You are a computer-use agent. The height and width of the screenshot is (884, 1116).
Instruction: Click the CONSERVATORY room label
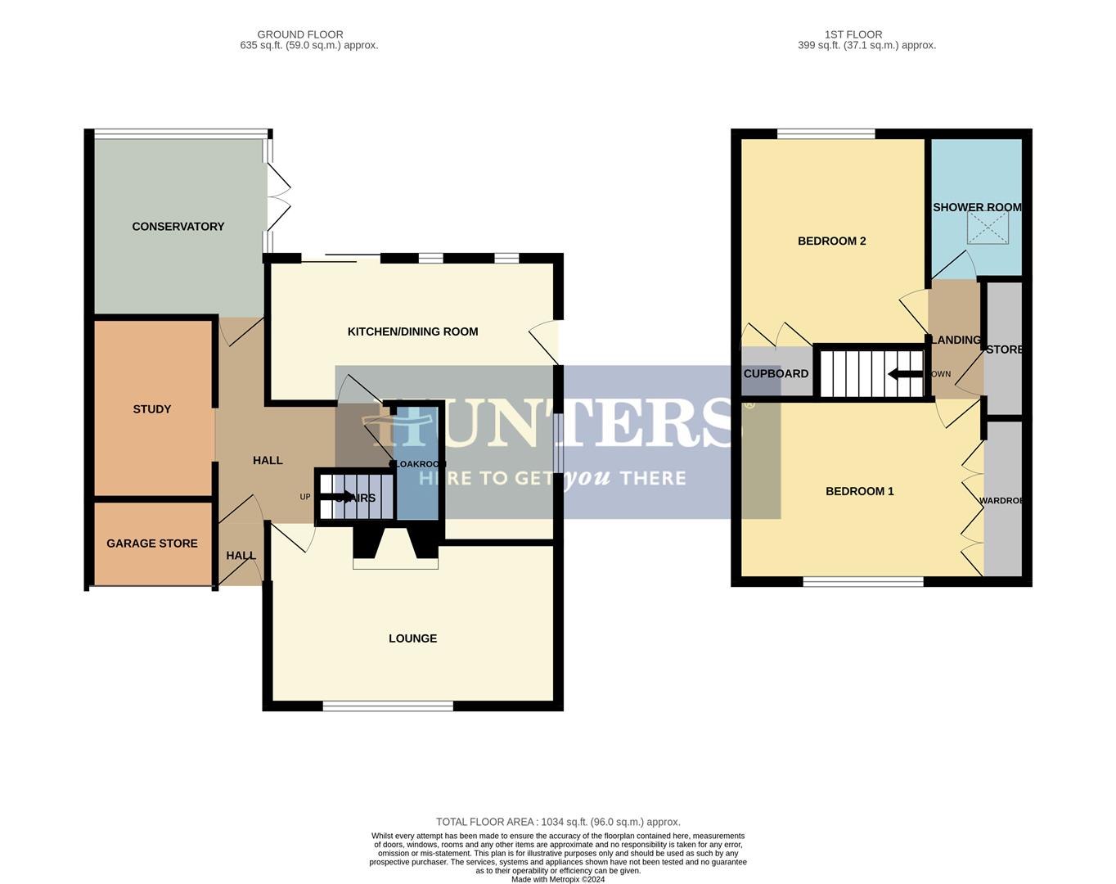pyautogui.click(x=178, y=227)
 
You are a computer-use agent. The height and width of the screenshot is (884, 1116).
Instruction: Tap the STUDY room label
pyautogui.click(x=152, y=409)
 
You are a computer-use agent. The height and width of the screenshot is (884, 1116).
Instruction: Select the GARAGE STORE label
pyautogui.click(x=152, y=543)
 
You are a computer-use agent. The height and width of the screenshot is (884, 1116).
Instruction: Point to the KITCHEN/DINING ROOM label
pyautogui.click(x=412, y=331)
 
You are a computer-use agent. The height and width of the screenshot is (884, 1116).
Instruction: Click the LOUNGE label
pyautogui.click(x=412, y=638)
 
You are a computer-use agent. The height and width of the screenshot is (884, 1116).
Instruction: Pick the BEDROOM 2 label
pyautogui.click(x=831, y=241)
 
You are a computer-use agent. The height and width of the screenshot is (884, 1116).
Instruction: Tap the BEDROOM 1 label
pyautogui.click(x=859, y=491)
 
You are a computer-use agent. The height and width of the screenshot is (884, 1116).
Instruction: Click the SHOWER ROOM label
pyautogui.click(x=977, y=207)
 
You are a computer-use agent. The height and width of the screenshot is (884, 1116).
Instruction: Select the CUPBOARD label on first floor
pyautogui.click(x=776, y=373)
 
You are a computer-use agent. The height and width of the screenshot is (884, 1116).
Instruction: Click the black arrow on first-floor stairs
pyautogui.click(x=904, y=375)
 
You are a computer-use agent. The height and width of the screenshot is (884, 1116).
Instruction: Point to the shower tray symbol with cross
pyautogui.click(x=988, y=228)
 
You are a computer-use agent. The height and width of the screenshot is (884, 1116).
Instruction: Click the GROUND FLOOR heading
pyautogui.click(x=300, y=34)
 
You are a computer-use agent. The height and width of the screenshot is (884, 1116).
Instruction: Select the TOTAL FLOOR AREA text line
pyautogui.click(x=558, y=822)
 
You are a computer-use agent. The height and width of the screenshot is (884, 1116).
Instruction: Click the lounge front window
pyautogui.click(x=388, y=706)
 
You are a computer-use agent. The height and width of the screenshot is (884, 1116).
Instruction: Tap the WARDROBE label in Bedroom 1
pyautogui.click(x=1001, y=500)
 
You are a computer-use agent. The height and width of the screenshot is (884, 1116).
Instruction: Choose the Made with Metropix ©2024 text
pyautogui.click(x=558, y=879)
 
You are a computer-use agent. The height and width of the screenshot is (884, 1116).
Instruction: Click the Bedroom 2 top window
pyautogui.click(x=826, y=133)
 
